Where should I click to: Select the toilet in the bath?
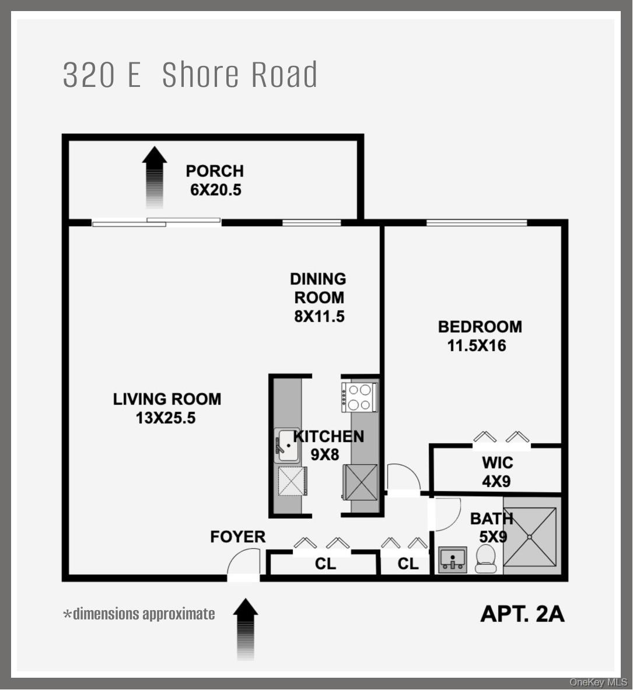coord(485,559)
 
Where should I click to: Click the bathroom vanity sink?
coord(453,560)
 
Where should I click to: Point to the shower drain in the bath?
coord(530,537)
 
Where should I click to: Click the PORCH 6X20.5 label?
coord(215,180)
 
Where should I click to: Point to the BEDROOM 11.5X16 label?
coord(480,336)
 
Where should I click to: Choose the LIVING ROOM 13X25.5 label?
coord(167,408)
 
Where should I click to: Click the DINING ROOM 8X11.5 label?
coord(319,297)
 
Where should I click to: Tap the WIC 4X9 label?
coord(497,472)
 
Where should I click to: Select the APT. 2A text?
coord(522,614)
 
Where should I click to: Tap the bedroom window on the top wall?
coord(477,222)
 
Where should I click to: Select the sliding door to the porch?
coord(156,222)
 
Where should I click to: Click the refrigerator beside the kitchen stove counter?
coord(361,482)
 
